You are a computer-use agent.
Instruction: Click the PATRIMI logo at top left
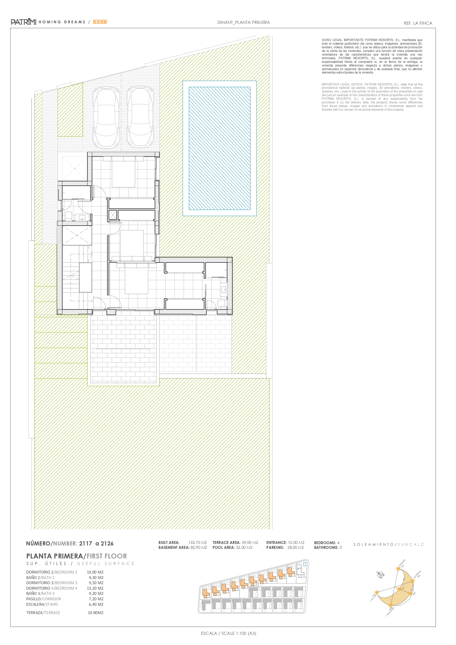(x=24, y=22)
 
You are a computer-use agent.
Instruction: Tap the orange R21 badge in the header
(x=100, y=22)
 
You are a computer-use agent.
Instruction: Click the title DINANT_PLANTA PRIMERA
(x=243, y=22)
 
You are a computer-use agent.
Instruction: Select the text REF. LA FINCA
(x=418, y=23)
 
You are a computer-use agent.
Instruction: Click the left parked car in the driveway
(x=106, y=117)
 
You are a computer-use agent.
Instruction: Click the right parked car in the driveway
(x=140, y=117)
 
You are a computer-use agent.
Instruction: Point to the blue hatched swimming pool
(x=220, y=148)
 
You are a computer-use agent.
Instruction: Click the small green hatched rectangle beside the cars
(x=70, y=110)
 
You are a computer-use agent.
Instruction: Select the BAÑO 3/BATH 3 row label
(x=40, y=593)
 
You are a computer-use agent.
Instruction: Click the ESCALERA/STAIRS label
(x=42, y=604)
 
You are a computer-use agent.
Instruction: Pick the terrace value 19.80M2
(x=96, y=613)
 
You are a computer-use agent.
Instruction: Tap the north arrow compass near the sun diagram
(x=380, y=575)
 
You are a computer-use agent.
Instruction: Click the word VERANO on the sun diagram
(x=402, y=563)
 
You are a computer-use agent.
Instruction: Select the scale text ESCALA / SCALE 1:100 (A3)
(x=228, y=633)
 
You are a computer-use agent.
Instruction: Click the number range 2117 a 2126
(x=96, y=543)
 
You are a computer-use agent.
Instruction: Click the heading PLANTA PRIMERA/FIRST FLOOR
(x=76, y=556)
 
